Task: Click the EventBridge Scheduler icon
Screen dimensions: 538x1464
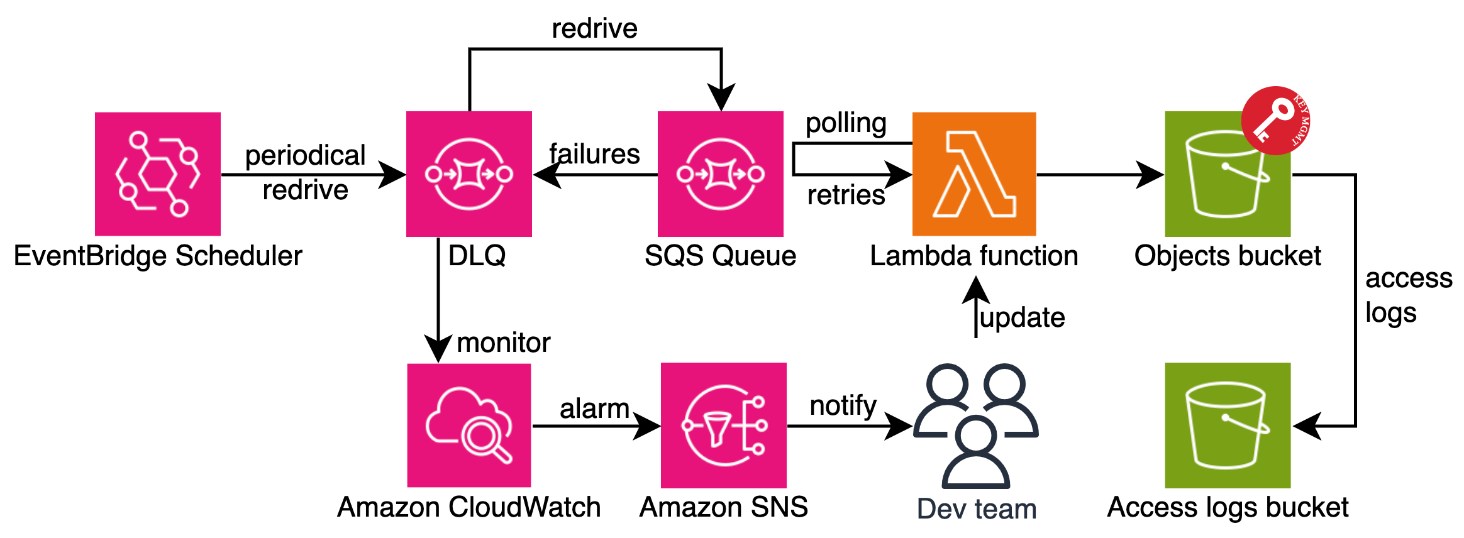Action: (157, 174)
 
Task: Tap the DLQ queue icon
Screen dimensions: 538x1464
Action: (469, 174)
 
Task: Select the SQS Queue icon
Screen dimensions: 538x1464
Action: (721, 174)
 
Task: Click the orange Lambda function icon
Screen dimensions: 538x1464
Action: (974, 174)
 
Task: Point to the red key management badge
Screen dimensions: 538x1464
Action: (1275, 121)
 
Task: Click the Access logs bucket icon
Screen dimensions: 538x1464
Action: (1228, 425)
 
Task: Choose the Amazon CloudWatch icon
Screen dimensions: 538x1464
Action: (469, 425)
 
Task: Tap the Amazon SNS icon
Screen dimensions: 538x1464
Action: (724, 425)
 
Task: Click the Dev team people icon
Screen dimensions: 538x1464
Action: (975, 425)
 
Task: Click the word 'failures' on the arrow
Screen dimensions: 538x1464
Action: (594, 154)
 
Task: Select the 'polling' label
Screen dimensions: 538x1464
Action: (846, 123)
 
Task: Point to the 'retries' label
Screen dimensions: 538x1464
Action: (846, 195)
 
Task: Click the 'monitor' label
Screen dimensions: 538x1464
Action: (503, 343)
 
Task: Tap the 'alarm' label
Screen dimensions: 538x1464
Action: (594, 409)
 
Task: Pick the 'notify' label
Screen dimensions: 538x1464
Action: (843, 406)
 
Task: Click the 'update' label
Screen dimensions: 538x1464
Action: (1023, 318)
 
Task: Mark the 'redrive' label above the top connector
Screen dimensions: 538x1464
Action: (594, 29)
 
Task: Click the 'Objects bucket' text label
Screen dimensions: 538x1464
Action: (1228, 256)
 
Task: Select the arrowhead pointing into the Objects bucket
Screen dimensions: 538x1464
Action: (1151, 175)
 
